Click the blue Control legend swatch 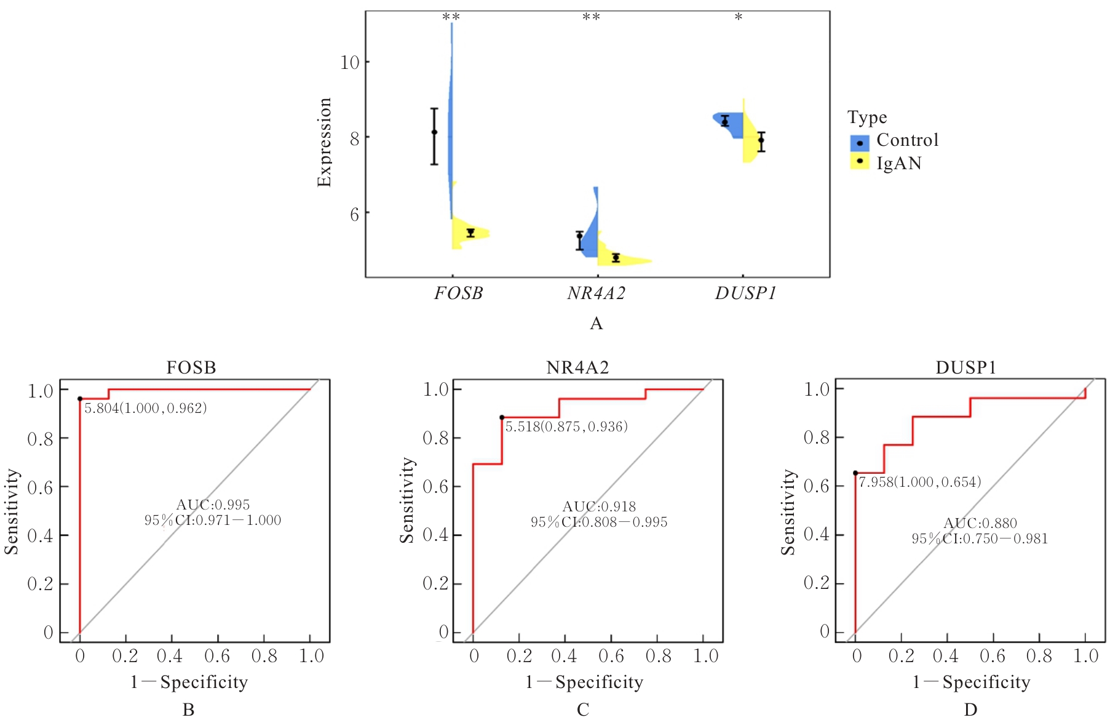(x=859, y=143)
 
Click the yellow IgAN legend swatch (x=859, y=162)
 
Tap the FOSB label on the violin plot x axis (x=458, y=294)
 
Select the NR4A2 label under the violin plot (x=596, y=294)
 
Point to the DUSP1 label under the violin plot (x=745, y=294)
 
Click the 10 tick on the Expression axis (x=350, y=62)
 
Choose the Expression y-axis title (x=324, y=142)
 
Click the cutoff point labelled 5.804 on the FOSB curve (x=80, y=399)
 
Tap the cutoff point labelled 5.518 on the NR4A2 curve (x=502, y=417)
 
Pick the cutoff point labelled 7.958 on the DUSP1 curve (x=855, y=473)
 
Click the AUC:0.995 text (x=213, y=505)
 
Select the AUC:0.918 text (x=599, y=507)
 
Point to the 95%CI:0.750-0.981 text (x=980, y=539)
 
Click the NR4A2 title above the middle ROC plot (x=577, y=368)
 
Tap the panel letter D (x=970, y=710)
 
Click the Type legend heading (x=867, y=118)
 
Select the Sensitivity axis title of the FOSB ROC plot (x=12, y=511)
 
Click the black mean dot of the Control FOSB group (x=434, y=132)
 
